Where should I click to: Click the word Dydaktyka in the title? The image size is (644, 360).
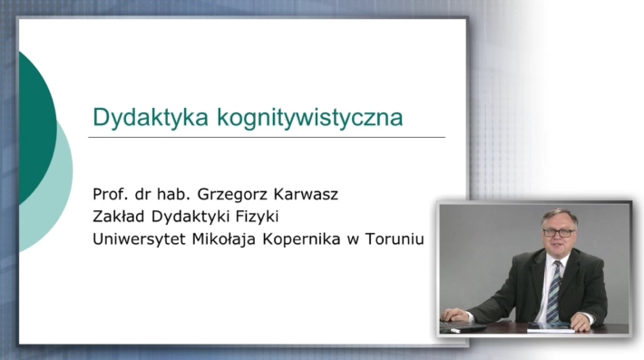(151, 118)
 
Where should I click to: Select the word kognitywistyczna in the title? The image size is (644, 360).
(310, 118)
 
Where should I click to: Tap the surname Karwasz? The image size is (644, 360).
(306, 194)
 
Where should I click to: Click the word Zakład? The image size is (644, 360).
(119, 217)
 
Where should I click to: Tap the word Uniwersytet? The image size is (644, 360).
(139, 239)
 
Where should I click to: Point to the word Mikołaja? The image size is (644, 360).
(224, 239)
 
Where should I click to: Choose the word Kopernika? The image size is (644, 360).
(301, 239)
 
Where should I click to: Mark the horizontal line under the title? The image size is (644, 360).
(267, 137)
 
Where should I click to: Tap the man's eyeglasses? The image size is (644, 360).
(559, 233)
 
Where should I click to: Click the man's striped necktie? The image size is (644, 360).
(554, 290)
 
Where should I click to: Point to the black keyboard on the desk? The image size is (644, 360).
(463, 326)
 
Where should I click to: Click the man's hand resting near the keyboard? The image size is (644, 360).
(455, 316)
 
